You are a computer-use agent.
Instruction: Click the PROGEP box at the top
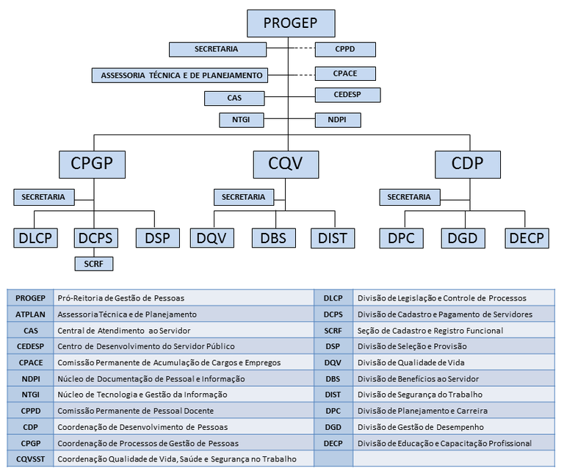pyautogui.click(x=291, y=23)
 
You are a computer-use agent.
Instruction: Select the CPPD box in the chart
pyautogui.click(x=345, y=49)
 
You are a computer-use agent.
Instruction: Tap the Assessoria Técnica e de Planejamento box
pyautogui.click(x=181, y=75)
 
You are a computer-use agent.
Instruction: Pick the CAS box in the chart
pyautogui.click(x=234, y=98)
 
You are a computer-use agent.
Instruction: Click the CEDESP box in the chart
pyautogui.click(x=347, y=95)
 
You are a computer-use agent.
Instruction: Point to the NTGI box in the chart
pyautogui.click(x=241, y=119)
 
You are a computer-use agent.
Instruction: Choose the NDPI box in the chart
pyautogui.click(x=338, y=119)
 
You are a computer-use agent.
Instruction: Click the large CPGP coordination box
pyautogui.click(x=93, y=162)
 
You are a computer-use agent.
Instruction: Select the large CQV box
pyautogui.click(x=286, y=162)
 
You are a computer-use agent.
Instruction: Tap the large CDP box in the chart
pyautogui.click(x=468, y=162)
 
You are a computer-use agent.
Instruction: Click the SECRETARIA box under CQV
pyautogui.click(x=244, y=197)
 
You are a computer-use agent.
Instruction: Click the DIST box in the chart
pyautogui.click(x=332, y=238)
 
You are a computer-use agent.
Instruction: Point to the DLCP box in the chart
pyautogui.click(x=35, y=238)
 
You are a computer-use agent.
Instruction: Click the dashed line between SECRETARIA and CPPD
pyautogui.click(x=300, y=49)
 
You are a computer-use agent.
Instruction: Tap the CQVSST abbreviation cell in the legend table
pyautogui.click(x=30, y=459)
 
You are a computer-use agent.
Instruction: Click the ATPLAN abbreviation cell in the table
pyautogui.click(x=30, y=314)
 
